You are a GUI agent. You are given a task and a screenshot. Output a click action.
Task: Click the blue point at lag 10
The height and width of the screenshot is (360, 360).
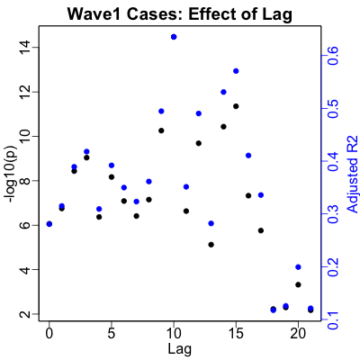(x=174, y=37)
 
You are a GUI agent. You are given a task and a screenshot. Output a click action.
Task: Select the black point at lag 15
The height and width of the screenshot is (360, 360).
(x=236, y=106)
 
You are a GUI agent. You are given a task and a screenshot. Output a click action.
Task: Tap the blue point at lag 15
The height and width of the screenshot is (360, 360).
(x=236, y=71)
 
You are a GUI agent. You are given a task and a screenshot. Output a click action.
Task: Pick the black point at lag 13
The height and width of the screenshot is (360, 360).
(x=211, y=245)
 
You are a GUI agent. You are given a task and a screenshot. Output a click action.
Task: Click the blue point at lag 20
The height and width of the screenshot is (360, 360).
(x=298, y=267)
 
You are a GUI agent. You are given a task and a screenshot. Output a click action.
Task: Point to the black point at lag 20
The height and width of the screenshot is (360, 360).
(x=298, y=284)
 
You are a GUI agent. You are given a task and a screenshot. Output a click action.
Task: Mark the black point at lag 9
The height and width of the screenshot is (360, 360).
(x=161, y=130)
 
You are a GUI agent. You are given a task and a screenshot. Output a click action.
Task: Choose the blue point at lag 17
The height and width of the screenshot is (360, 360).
(x=261, y=195)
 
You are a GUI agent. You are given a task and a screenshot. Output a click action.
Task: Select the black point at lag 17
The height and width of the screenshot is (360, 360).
(x=261, y=230)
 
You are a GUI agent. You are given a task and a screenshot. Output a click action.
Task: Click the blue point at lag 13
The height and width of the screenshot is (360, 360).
(x=211, y=223)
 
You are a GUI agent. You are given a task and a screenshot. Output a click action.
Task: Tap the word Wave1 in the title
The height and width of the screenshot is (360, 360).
(x=94, y=14)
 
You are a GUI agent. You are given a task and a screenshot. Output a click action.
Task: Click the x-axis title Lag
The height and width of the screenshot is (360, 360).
(x=179, y=350)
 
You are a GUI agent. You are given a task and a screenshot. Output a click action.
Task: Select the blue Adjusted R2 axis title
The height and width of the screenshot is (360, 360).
(x=353, y=175)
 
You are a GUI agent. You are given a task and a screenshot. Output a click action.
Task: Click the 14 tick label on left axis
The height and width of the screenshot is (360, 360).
(x=24, y=48)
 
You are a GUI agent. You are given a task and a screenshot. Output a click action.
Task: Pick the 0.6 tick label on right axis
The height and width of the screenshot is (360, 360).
(x=335, y=56)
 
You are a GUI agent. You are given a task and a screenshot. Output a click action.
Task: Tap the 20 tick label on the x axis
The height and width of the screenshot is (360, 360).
(x=298, y=334)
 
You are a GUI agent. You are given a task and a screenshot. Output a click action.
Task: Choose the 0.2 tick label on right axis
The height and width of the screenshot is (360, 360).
(x=335, y=267)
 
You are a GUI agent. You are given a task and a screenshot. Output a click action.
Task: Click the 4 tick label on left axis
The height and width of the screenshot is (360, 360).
(x=24, y=269)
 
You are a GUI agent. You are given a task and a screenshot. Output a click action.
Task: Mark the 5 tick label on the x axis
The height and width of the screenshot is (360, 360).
(x=112, y=334)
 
